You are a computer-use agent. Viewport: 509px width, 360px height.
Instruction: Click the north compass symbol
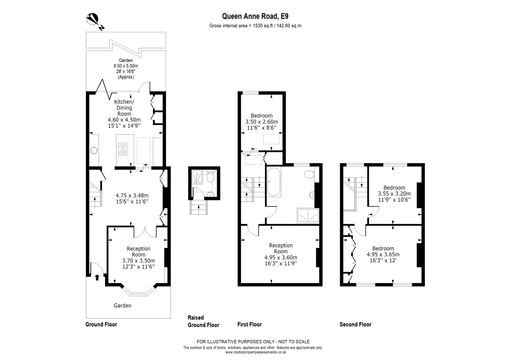click(94, 20)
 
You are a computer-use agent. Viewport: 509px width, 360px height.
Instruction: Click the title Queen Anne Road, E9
click(255, 16)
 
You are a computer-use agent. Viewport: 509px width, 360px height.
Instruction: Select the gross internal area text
click(255, 26)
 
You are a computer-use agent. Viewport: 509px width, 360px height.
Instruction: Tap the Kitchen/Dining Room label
click(124, 108)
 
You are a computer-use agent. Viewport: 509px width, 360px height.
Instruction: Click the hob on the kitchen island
click(122, 149)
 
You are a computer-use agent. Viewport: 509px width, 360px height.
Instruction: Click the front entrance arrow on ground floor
click(97, 277)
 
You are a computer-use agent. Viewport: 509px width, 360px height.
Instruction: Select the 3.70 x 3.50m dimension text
click(138, 261)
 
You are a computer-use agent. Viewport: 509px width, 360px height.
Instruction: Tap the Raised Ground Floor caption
click(204, 321)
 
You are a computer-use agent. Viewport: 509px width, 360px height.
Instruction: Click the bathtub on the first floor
click(274, 182)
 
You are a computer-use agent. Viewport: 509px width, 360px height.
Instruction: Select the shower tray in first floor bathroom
click(308, 216)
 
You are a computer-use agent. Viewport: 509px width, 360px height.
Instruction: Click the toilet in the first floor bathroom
click(309, 174)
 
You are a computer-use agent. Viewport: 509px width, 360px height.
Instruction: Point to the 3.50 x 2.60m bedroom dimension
click(261, 122)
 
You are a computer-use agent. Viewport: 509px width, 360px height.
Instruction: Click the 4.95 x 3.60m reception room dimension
click(281, 258)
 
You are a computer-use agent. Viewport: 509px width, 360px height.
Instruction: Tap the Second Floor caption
click(355, 324)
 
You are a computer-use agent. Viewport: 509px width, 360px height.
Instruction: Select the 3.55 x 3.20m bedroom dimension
click(394, 194)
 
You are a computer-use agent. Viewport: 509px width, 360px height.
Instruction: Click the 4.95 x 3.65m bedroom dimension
click(383, 254)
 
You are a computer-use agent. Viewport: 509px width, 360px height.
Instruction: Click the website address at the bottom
click(255, 352)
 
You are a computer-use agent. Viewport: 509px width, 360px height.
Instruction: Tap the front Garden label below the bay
click(122, 306)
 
